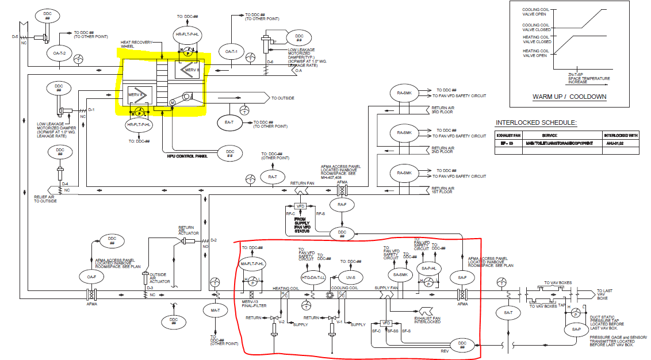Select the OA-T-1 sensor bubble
(x=231, y=52)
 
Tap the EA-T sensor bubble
(x=229, y=122)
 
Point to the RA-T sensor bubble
(x=273, y=177)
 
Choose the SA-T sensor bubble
(x=507, y=312)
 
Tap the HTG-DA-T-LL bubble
(x=313, y=277)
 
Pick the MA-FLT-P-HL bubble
(x=252, y=263)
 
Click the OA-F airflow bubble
(x=91, y=277)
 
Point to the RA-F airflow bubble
(x=342, y=204)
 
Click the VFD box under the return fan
(x=300, y=206)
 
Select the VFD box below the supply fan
(x=386, y=323)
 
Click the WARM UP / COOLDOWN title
(x=569, y=97)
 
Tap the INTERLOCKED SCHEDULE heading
(x=535, y=123)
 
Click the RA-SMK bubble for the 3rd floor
(x=404, y=93)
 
